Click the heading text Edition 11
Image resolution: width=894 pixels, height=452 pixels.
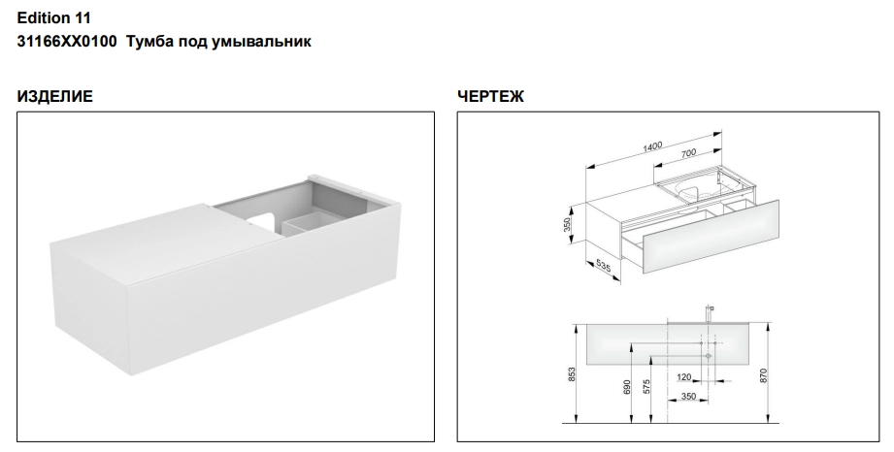[x=53, y=18]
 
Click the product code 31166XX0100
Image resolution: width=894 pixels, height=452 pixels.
[x=67, y=42]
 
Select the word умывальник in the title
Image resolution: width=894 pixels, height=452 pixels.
[x=262, y=42]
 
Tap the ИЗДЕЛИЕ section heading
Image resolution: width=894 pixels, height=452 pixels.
[x=54, y=96]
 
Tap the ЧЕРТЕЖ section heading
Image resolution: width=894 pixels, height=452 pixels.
[x=490, y=96]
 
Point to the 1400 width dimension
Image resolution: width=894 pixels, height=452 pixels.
[x=652, y=146]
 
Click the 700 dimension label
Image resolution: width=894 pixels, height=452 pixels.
[x=689, y=152]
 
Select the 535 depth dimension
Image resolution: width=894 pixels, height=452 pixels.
[x=603, y=267]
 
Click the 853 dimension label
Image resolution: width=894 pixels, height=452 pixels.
[x=573, y=373]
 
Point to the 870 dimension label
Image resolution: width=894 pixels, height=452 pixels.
[x=764, y=375]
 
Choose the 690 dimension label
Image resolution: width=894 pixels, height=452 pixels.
[x=627, y=387]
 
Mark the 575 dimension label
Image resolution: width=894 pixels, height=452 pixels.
[x=646, y=387]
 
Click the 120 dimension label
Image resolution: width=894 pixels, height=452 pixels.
[x=684, y=376]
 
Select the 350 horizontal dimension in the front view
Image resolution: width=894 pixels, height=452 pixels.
[x=688, y=396]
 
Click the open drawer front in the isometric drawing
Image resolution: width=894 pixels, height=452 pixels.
[x=711, y=237]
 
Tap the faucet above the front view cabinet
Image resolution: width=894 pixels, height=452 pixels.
[x=710, y=313]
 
